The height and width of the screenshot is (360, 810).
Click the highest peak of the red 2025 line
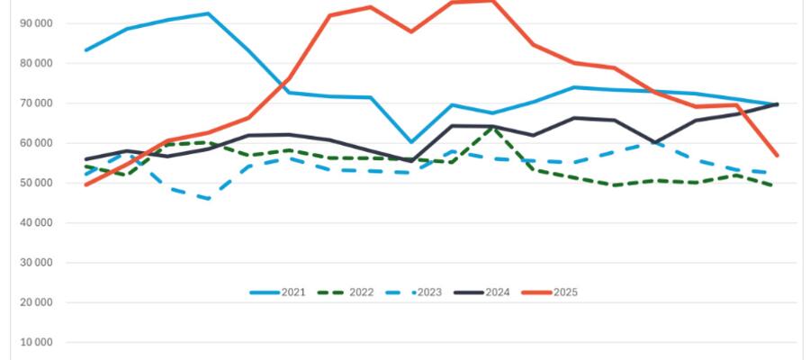click(x=492, y=0)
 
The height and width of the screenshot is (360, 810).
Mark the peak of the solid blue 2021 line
click(x=208, y=13)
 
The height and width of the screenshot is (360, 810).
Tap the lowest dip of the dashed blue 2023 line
click(x=208, y=198)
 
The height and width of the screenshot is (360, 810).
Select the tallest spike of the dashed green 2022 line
click(x=492, y=128)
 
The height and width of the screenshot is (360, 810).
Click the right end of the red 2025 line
click(x=778, y=156)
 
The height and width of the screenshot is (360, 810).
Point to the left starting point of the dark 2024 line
click(x=86, y=159)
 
